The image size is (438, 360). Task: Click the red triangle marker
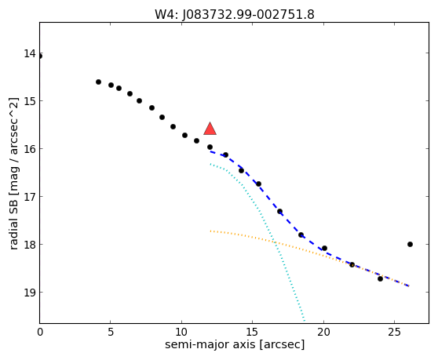tap(210, 129)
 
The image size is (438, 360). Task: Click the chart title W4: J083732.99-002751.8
tap(235, 15)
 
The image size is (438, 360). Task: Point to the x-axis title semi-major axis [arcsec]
tap(235, 344)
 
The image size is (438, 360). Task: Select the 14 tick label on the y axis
tap(30, 53)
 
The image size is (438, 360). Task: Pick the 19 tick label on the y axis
tap(30, 293)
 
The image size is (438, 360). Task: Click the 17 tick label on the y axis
tap(30, 196)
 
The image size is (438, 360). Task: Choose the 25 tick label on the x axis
tap(394, 333)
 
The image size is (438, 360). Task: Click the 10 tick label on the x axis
tap(181, 333)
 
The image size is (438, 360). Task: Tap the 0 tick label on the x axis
tap(40, 333)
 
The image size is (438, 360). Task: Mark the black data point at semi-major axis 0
tap(40, 56)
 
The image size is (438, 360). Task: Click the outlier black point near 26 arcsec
tap(410, 244)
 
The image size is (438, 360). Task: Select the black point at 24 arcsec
tap(380, 278)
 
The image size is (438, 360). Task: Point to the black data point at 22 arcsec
tap(352, 264)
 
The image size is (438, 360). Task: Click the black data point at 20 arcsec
tap(324, 248)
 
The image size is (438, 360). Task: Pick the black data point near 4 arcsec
tap(98, 82)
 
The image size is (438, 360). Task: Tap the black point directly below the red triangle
tap(210, 147)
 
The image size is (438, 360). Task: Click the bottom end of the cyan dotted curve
tap(305, 321)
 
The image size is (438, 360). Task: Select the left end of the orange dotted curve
tap(210, 231)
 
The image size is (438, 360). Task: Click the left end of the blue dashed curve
tap(210, 151)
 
